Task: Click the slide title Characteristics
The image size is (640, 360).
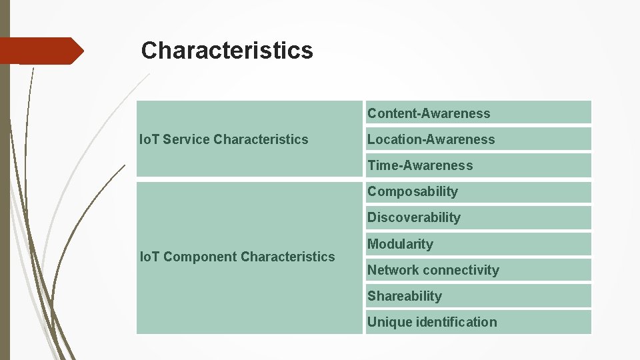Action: pos(227,50)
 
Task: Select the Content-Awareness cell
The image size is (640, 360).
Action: pos(477,113)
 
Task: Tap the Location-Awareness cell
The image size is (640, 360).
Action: pos(477,139)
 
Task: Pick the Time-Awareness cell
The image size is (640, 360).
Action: pos(477,165)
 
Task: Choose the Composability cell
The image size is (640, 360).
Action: pos(477,191)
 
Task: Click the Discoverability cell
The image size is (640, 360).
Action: pos(477,217)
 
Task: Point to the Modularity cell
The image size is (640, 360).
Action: pos(477,243)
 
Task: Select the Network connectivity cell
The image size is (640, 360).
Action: pos(477,269)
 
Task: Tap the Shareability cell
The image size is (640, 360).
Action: pos(477,295)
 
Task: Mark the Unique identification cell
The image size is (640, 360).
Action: pos(477,322)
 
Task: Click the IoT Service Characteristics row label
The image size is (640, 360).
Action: pos(223,139)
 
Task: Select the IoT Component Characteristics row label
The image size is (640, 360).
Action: pos(237,257)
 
